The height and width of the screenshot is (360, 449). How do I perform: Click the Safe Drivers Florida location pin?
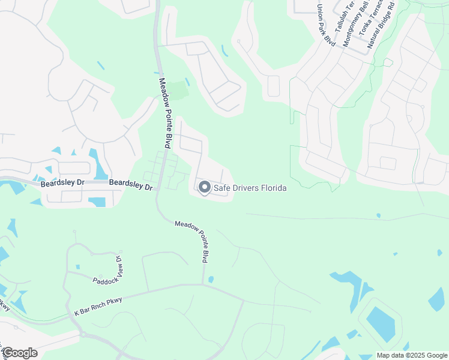click(204, 188)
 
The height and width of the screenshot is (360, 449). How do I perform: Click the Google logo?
click(19, 353)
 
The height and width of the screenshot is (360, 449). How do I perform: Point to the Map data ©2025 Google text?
click(412, 355)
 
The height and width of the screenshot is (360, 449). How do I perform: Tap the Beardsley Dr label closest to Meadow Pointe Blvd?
click(131, 184)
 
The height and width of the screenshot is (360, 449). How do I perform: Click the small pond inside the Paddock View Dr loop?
click(77, 266)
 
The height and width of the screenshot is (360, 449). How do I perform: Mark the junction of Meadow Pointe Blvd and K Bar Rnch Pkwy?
click(203, 284)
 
